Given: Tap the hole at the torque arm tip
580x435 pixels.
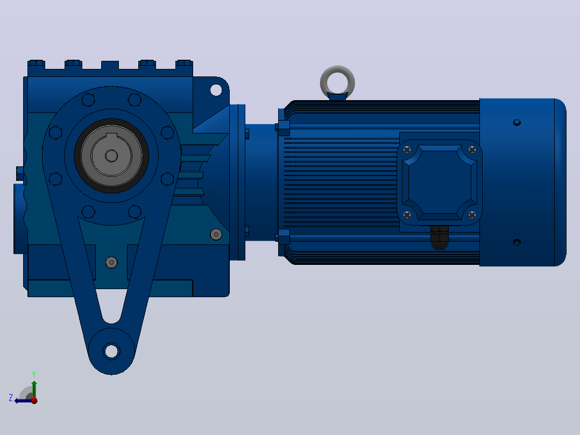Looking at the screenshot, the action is coord(111,351).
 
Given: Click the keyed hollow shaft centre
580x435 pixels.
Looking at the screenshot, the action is coord(111,156).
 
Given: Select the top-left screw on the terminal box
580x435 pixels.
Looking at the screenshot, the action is coord(407,150).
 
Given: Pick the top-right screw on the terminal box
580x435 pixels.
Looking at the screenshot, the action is coord(472,150).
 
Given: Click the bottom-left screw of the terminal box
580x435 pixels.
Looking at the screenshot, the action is coord(407,215).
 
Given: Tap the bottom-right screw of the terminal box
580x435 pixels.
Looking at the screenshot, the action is coord(472,215).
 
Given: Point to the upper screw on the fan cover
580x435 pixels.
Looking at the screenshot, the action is coord(517,123).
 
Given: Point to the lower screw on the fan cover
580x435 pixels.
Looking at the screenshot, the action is coord(517,242).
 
